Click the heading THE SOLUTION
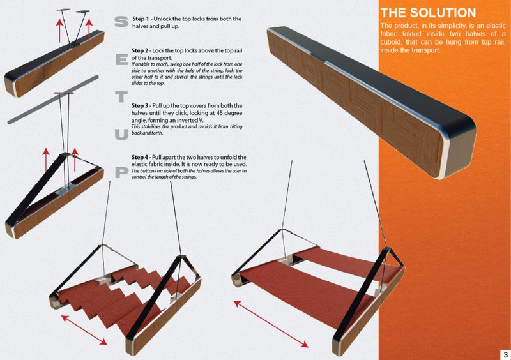coord(427,13)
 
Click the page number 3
coord(505,354)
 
